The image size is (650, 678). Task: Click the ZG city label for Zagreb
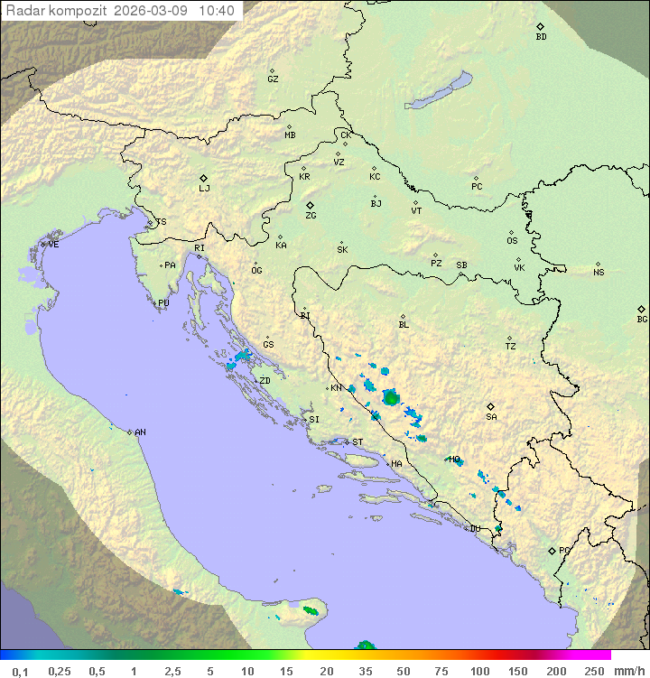(x=311, y=216)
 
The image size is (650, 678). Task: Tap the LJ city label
(x=204, y=189)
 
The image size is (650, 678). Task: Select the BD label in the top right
(x=541, y=37)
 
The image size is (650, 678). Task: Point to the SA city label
(x=491, y=417)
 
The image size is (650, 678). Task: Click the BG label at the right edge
(x=642, y=319)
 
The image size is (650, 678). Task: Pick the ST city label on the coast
(x=357, y=442)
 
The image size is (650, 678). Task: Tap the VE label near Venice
(x=53, y=245)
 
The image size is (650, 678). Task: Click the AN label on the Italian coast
(x=140, y=432)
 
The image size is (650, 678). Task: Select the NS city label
(x=599, y=273)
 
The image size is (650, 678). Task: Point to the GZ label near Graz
(x=273, y=79)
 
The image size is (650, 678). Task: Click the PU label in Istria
(x=163, y=303)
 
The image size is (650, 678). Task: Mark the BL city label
(x=404, y=325)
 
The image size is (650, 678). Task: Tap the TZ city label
(x=511, y=347)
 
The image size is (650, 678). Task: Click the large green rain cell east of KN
(x=391, y=397)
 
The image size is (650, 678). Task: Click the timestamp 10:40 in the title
(x=216, y=11)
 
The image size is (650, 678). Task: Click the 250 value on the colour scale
(x=594, y=671)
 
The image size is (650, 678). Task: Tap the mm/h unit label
(x=628, y=671)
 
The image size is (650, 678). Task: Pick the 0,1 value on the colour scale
(x=20, y=671)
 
